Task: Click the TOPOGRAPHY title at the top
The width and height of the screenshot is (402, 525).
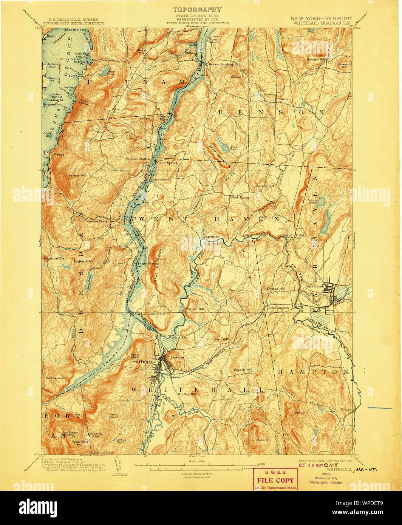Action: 197,10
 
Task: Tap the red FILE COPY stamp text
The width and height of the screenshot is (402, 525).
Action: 275,480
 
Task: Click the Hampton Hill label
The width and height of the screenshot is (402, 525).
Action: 274,289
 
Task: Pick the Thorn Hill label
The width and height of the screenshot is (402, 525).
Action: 301,413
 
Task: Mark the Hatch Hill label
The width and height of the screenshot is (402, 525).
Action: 264,440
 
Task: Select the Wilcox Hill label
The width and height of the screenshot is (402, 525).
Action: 239,77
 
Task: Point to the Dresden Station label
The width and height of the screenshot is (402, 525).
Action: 138,159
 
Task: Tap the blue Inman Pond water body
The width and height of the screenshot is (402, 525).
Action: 321,202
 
